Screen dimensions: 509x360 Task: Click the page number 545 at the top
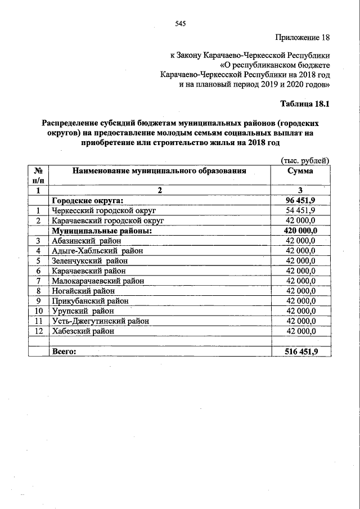click(x=181, y=23)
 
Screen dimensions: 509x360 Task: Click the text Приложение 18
click(x=301, y=38)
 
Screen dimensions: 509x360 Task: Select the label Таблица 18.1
click(x=304, y=104)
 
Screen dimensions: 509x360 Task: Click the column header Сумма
click(x=300, y=171)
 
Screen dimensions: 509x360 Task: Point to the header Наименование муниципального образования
click(x=159, y=171)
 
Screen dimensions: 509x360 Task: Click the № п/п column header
click(x=39, y=175)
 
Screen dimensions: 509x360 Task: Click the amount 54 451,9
click(x=300, y=210)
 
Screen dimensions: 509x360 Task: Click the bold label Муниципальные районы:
click(x=102, y=230)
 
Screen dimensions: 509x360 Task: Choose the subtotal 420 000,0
click(x=300, y=230)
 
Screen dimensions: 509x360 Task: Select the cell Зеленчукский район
click(x=89, y=260)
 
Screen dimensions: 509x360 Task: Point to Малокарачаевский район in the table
click(x=97, y=281)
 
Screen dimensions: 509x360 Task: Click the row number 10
click(x=39, y=311)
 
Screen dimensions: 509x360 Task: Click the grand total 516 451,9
click(x=300, y=352)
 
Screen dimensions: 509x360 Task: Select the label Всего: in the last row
click(x=64, y=352)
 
